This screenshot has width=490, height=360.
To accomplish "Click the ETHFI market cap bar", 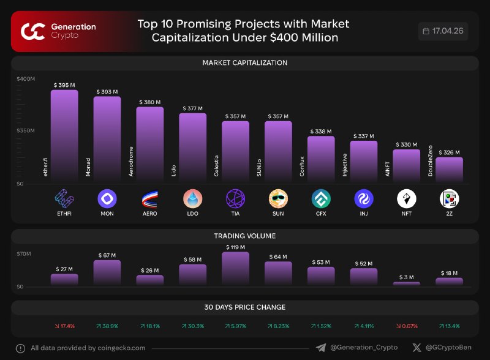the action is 64,136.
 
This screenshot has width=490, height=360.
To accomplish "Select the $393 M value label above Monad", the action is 107,92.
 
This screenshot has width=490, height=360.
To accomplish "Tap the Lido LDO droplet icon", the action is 192,198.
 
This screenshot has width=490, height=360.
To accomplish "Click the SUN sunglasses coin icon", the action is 278,198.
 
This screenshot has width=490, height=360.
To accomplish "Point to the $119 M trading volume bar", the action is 236,268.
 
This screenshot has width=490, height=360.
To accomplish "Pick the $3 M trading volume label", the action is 407,277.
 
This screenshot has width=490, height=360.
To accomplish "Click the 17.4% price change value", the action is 65,326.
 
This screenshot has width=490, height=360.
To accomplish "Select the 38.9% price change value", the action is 107,326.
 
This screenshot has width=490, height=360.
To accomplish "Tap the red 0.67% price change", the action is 407,326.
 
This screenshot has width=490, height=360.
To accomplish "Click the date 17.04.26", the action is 448,31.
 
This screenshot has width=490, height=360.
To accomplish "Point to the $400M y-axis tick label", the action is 26,79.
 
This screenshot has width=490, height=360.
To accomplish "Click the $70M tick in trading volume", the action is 24,253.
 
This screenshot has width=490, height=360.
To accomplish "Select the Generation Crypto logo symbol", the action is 33,32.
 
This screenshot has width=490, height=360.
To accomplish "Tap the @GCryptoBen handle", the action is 448,347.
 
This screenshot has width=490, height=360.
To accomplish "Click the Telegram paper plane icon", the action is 321,348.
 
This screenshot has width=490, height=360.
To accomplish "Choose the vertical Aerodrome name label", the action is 131,161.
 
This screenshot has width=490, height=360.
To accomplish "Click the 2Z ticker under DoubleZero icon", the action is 450,214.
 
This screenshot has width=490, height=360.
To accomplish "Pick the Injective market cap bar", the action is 364,162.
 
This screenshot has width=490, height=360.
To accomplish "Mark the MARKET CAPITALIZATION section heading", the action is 244,63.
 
